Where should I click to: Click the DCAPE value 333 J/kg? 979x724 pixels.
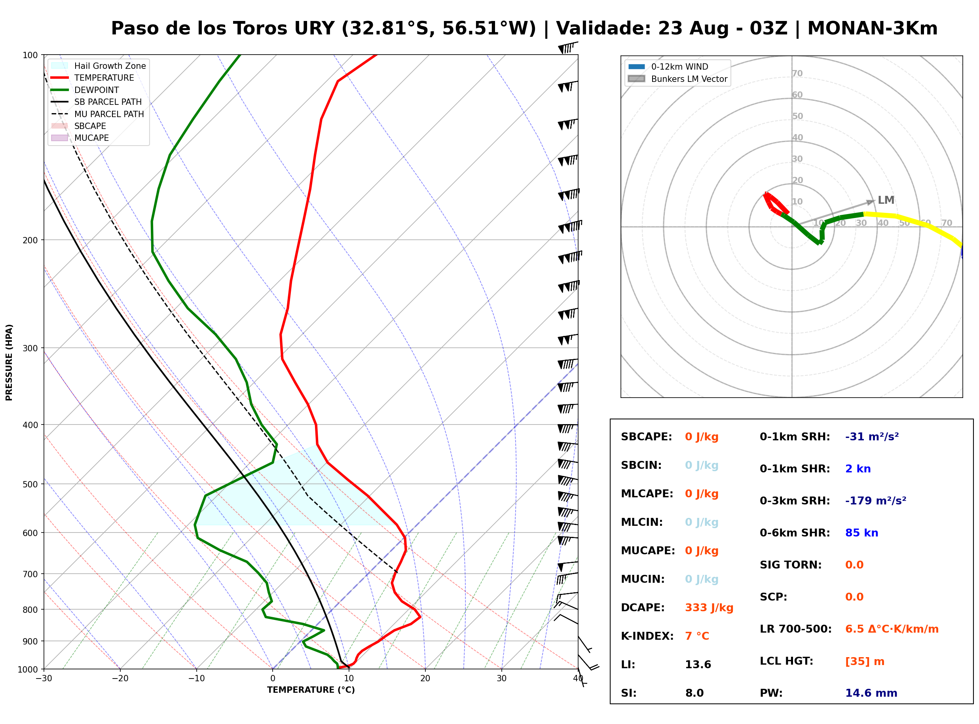click(709, 608)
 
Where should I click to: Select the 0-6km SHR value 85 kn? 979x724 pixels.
click(861, 533)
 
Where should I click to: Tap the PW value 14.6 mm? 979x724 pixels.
click(871, 693)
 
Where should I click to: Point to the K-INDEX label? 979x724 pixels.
click(647, 636)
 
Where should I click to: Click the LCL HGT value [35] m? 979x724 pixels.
click(865, 661)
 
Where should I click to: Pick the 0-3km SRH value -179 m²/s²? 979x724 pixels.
click(876, 500)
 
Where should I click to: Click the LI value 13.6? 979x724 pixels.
click(698, 665)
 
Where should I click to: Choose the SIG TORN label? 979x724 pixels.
click(791, 565)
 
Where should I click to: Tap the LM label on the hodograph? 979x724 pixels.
click(886, 200)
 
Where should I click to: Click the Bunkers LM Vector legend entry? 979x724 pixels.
click(677, 79)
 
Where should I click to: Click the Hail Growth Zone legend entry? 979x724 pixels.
click(99, 66)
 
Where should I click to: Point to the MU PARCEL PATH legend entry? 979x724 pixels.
click(98, 114)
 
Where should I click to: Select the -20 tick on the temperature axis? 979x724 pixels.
click(120, 679)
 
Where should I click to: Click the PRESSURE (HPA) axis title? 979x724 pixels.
click(9, 362)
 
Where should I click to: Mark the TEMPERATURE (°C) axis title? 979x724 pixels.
click(311, 690)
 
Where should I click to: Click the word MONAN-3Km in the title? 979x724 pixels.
click(872, 28)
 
